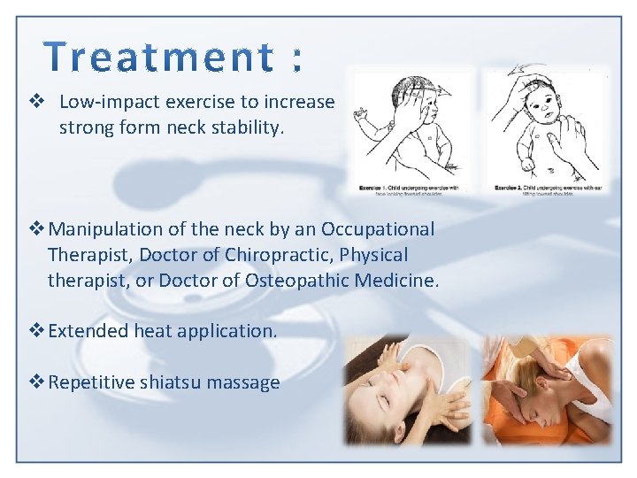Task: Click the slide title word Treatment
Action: [x=159, y=58]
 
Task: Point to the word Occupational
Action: [x=378, y=229]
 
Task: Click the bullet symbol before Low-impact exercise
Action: [x=38, y=102]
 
